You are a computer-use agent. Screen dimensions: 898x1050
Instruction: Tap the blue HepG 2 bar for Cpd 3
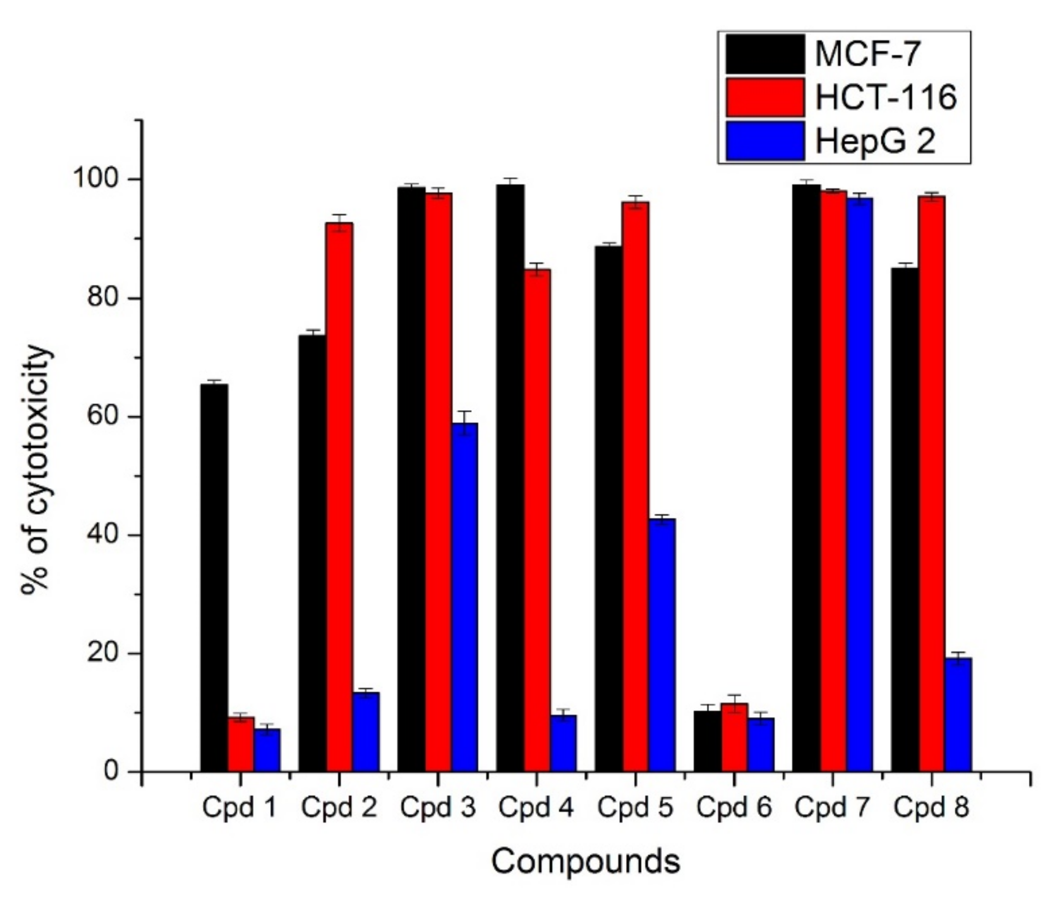465,597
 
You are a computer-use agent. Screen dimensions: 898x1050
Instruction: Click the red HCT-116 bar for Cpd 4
537,521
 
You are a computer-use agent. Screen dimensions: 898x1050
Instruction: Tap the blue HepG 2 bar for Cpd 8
958,715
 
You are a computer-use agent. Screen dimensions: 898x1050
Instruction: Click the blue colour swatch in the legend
765,141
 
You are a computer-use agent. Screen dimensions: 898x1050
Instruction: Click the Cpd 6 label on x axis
734,808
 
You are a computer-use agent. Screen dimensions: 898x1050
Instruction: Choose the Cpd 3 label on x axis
438,808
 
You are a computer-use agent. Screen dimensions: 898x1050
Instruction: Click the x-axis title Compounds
585,862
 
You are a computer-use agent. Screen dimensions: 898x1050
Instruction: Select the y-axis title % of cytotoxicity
38,470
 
